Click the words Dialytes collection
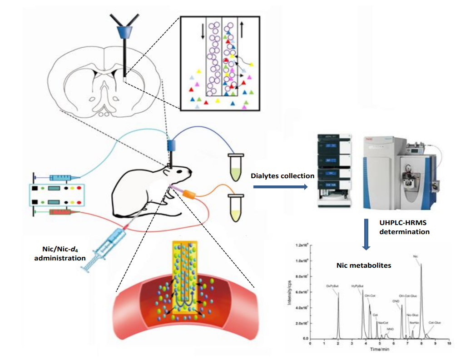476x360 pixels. (283, 175)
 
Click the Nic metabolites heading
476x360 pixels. (363, 265)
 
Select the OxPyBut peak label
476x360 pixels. (332, 286)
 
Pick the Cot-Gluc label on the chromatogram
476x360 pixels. (434, 322)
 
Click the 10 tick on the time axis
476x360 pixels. (449, 344)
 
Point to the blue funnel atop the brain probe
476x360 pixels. (124, 33)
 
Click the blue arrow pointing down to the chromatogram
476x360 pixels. (367, 234)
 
